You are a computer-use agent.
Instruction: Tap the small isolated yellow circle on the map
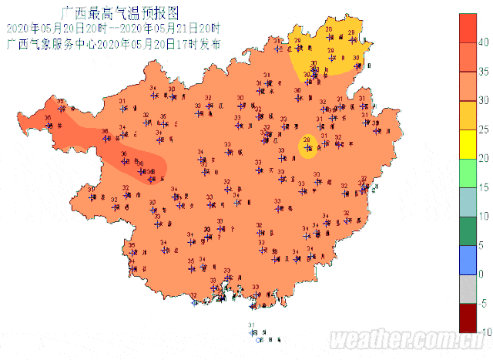(308, 145)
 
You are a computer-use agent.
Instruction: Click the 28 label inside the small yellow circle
(307, 140)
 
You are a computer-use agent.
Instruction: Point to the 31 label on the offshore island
(251, 325)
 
